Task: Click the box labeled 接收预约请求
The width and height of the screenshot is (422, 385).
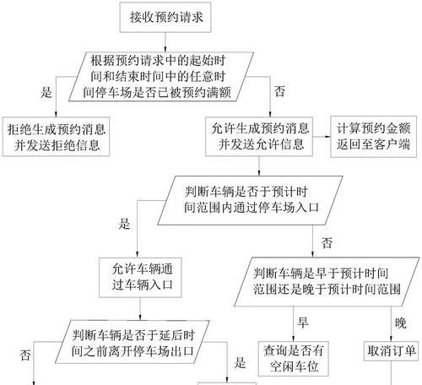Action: [165, 18]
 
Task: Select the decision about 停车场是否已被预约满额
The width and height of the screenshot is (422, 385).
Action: [161, 77]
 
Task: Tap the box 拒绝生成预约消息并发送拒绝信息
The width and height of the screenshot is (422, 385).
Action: [56, 137]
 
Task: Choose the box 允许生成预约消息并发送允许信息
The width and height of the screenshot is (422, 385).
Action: [259, 137]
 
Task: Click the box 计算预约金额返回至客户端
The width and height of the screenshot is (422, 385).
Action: [373, 137]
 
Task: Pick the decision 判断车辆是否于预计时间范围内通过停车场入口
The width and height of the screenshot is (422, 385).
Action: [250, 200]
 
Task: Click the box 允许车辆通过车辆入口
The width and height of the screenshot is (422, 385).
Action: [140, 278]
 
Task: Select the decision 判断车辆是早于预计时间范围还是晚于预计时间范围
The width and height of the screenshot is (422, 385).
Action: [327, 281]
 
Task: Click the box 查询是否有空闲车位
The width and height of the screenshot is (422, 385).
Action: [294, 359]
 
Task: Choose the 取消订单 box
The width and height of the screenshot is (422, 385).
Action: [391, 351]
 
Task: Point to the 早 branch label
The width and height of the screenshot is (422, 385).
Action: [303, 323]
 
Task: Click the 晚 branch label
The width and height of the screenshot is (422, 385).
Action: [401, 323]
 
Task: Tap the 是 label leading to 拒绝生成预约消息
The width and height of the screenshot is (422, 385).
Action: [46, 92]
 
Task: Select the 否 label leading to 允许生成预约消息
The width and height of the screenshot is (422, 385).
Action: [279, 91]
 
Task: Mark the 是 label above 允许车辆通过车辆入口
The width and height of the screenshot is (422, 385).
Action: [124, 224]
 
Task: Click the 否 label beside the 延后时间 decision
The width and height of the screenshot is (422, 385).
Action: [25, 355]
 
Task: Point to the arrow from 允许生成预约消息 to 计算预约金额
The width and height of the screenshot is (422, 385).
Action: [322, 137]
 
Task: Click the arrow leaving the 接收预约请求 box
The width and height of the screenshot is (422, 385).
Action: [165, 42]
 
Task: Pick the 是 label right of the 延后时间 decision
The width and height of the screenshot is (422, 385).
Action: [240, 363]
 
